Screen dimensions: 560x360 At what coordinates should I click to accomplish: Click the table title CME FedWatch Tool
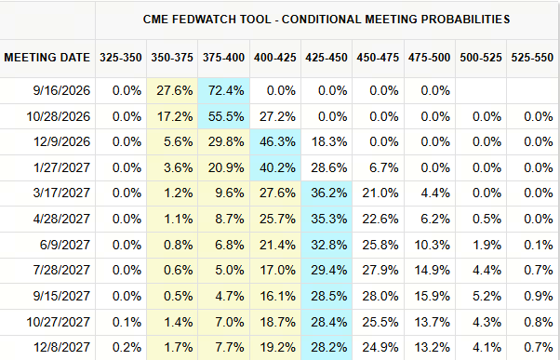pos(207,20)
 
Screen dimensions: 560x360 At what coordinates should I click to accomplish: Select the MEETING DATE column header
pos(47,58)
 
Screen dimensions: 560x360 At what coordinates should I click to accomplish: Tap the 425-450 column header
pos(327,58)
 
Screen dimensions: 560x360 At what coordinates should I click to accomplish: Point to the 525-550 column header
pos(532,58)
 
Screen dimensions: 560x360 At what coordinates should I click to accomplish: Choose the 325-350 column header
pos(121,58)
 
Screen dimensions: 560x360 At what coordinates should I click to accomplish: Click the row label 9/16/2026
pos(61,91)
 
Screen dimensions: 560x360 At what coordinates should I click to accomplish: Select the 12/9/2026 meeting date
pos(61,141)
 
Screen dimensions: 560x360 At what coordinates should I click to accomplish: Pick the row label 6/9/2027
pos(64,245)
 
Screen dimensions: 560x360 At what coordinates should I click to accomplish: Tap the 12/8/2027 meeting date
pos(61,347)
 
